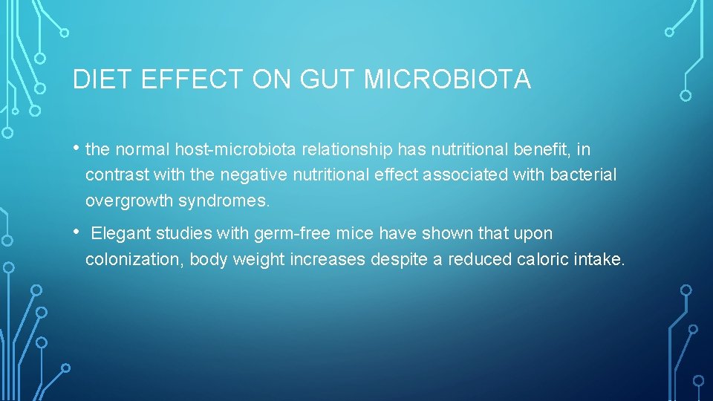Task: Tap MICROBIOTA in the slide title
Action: [447, 79]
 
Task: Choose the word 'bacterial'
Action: [584, 175]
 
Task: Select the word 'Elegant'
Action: [122, 234]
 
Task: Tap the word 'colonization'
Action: [134, 259]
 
